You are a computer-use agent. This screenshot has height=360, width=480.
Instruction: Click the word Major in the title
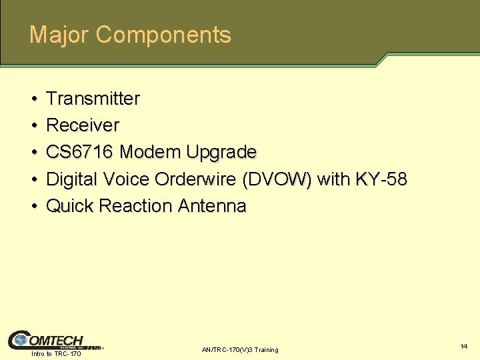59,35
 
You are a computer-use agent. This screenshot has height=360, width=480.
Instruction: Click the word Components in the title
163,35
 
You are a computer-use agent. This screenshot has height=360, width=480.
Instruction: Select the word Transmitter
93,99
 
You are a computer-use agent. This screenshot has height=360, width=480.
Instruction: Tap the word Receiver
83,125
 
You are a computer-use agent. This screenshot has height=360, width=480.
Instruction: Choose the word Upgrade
221,152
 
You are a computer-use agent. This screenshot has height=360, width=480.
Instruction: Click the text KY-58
381,179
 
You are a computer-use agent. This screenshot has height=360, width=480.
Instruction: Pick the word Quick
69,206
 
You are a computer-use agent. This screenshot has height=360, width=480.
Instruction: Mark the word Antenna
212,206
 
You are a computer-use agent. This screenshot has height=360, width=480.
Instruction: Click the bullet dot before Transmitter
33,99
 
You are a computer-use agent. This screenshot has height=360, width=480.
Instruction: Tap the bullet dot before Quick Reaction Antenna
33,207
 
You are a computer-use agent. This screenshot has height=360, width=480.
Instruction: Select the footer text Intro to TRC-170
56,353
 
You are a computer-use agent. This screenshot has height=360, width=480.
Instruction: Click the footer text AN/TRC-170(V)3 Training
240,350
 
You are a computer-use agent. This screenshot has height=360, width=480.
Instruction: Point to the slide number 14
463,347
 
